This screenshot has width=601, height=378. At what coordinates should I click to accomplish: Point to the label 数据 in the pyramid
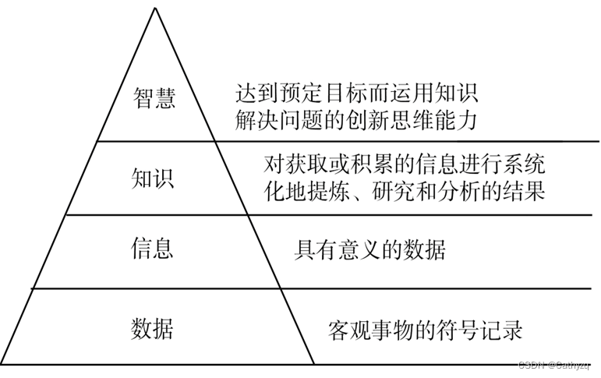click(x=151, y=329)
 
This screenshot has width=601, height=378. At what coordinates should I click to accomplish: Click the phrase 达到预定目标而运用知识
click(x=356, y=94)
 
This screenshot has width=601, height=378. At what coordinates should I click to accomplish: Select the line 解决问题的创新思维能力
click(x=356, y=119)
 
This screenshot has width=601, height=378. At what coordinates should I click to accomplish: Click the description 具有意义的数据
click(x=369, y=251)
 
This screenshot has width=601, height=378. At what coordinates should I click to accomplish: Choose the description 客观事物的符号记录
click(x=426, y=330)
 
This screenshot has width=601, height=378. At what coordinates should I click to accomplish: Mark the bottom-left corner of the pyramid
click(x=3, y=365)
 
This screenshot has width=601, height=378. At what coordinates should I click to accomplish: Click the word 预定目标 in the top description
click(x=320, y=94)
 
